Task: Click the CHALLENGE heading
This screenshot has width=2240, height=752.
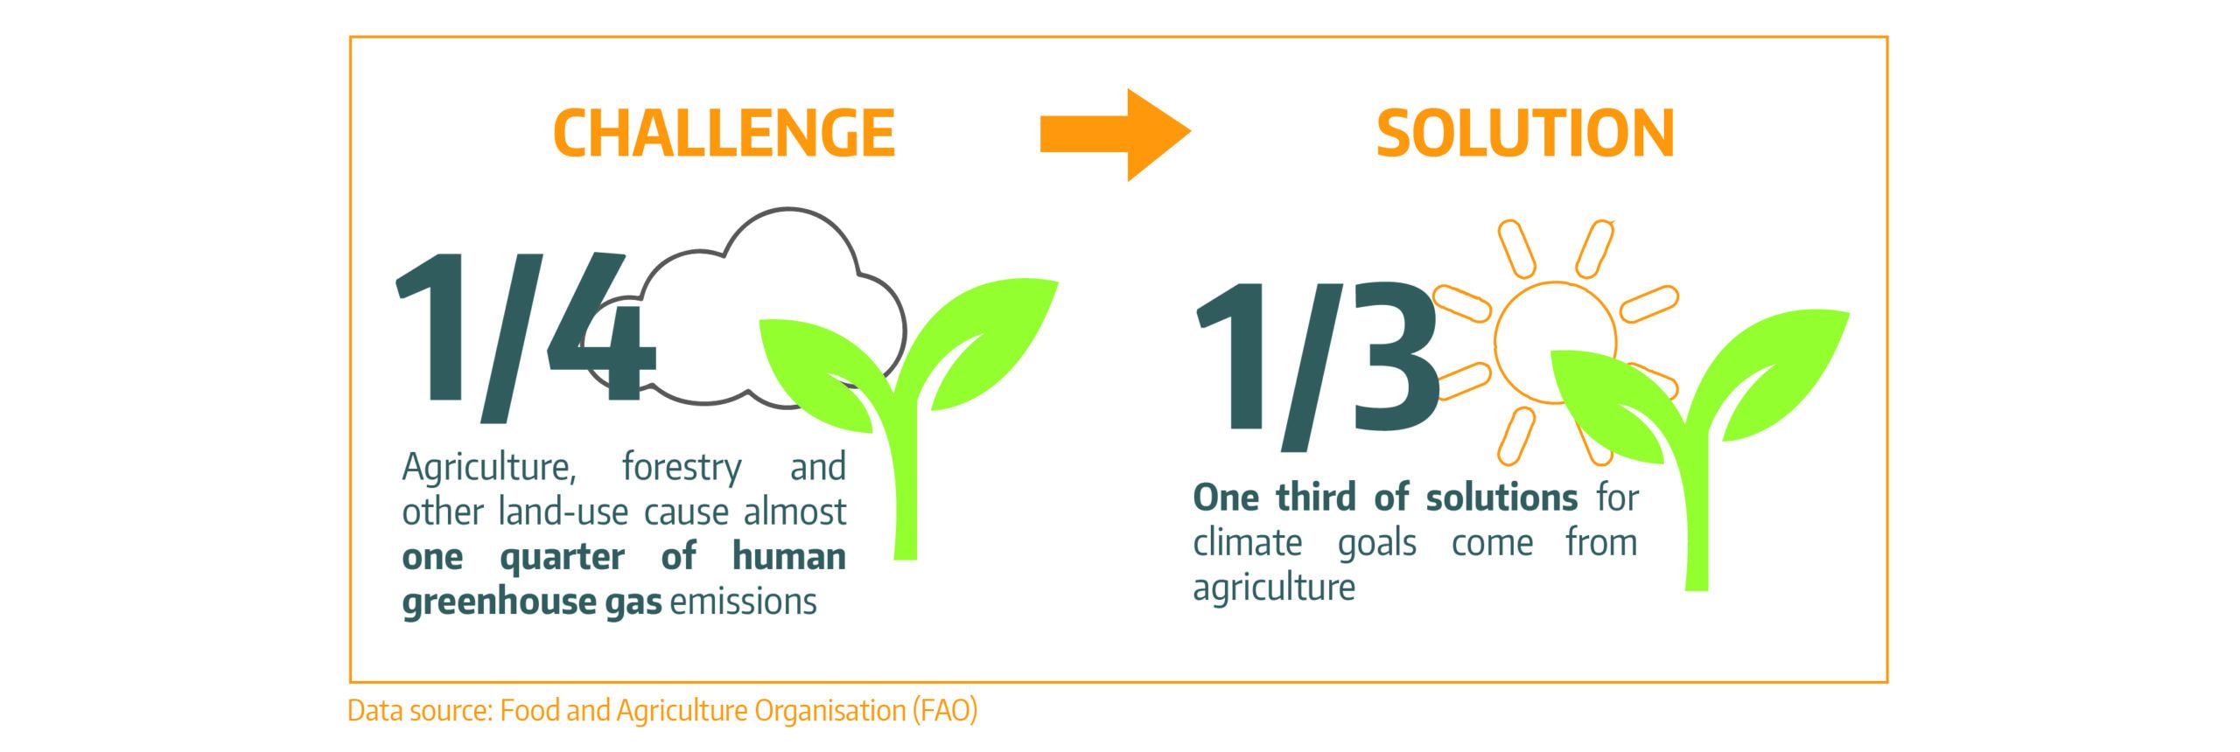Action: [724, 133]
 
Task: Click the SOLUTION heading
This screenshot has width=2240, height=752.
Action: [1525, 133]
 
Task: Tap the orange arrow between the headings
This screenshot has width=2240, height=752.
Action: [1116, 133]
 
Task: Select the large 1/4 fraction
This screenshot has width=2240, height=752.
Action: [526, 328]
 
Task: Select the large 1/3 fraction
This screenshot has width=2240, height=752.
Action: [1317, 359]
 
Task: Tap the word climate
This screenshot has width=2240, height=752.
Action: [1248, 543]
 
